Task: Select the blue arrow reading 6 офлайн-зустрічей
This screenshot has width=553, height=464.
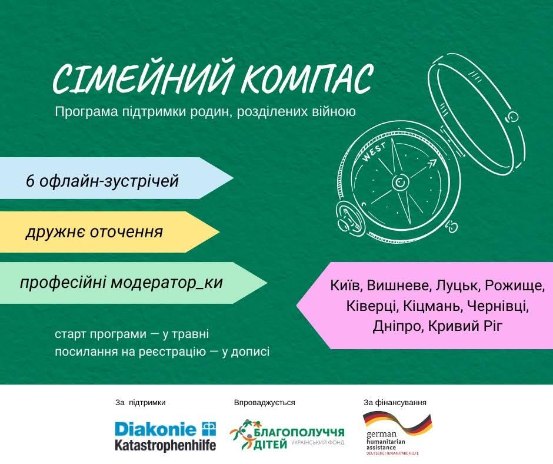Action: tap(116, 178)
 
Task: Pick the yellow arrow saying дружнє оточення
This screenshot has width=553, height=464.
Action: tap(109, 232)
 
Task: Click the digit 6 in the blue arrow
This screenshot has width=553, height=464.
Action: tap(31, 181)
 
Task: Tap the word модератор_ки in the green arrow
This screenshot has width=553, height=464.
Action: tap(167, 283)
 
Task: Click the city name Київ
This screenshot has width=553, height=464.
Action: tap(347, 286)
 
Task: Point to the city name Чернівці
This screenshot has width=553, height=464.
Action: tap(498, 306)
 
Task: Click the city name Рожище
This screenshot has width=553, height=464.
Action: tap(514, 286)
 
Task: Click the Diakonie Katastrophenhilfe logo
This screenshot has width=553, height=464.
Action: tap(165, 436)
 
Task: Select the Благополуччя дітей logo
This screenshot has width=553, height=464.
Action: tap(287, 435)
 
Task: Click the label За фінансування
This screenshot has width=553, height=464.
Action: tap(395, 402)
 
